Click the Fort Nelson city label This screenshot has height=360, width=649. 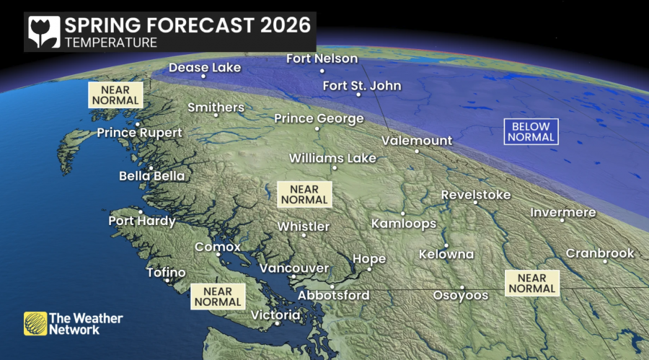click(322, 58)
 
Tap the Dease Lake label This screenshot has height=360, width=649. click(205, 68)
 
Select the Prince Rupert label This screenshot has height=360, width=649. click(139, 133)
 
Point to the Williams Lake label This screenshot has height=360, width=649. click(332, 157)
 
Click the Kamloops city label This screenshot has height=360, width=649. click(404, 224)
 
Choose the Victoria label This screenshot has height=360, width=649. click(275, 315)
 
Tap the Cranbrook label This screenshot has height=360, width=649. click(600, 253)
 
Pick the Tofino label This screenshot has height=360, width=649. click(166, 273)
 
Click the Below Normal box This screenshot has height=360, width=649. click(531, 131)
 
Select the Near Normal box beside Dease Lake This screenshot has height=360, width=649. click(115, 95)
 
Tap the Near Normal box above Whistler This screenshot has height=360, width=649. click(304, 193)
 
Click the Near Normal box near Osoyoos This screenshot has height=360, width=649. click(532, 283)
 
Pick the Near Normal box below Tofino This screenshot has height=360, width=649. click(218, 297)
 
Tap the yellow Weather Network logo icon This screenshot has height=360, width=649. click(35, 324)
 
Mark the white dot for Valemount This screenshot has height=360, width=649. click(417, 152)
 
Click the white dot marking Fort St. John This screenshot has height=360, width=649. click(358, 95)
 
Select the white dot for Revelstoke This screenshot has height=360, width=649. click(476, 203)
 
